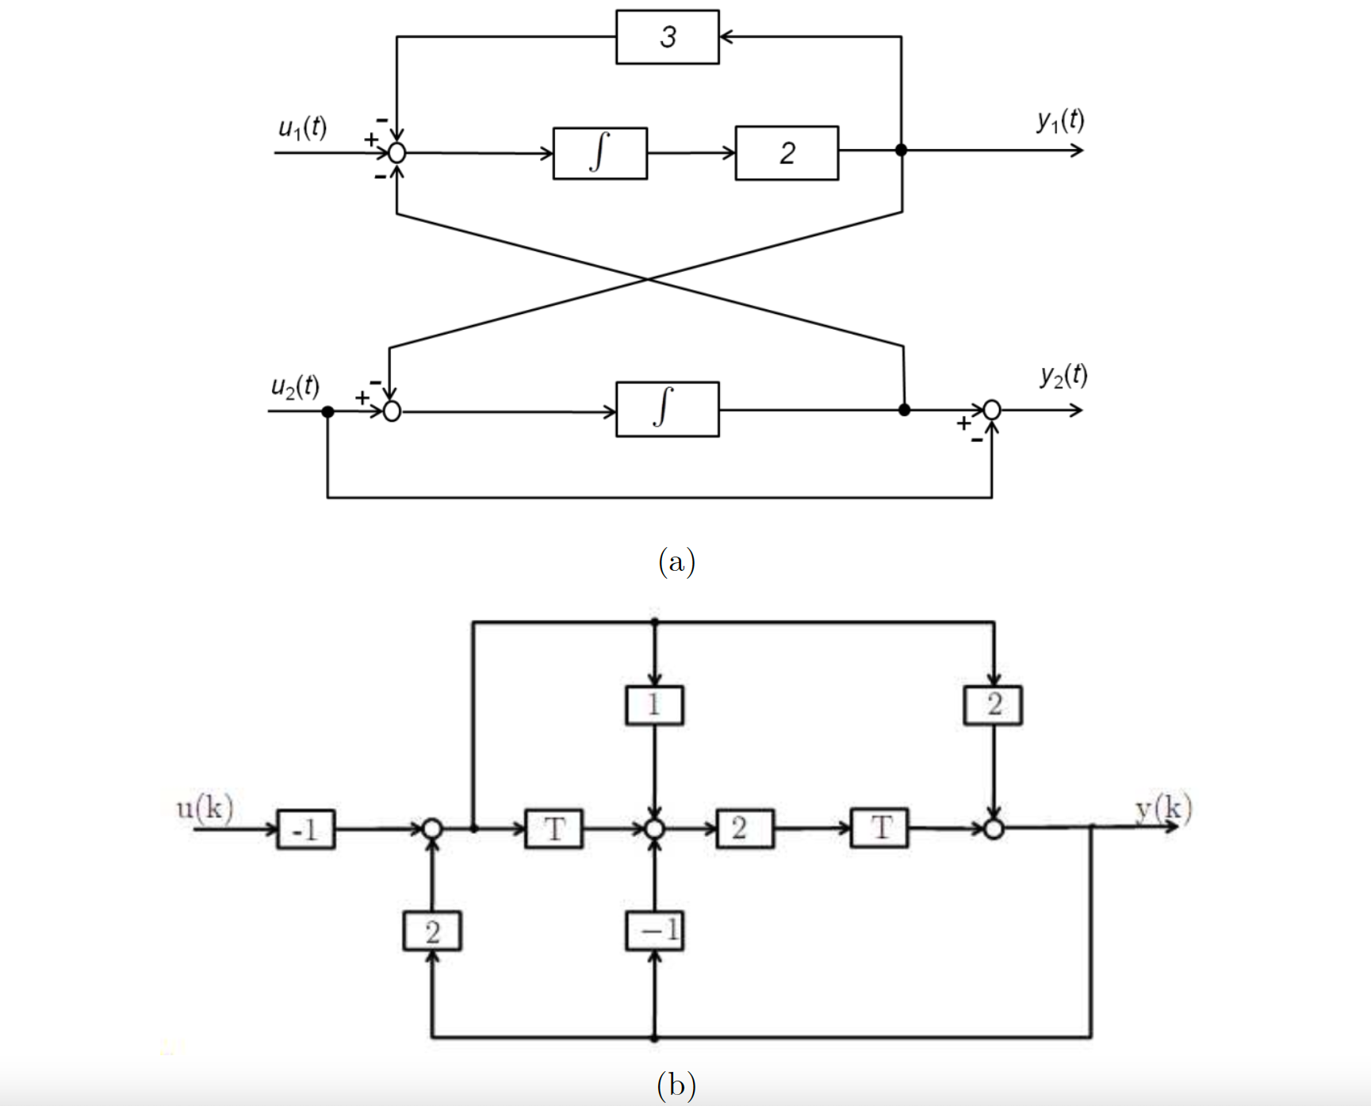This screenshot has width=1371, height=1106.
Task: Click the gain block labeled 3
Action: (x=668, y=37)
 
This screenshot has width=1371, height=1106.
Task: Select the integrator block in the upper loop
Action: (x=599, y=153)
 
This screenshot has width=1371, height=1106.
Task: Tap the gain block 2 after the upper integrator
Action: (x=786, y=153)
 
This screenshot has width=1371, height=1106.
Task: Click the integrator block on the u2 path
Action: (x=667, y=409)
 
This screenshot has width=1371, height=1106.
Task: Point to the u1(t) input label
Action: (x=302, y=128)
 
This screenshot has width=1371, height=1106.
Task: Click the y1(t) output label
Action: (x=1060, y=121)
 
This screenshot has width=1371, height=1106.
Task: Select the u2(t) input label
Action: (x=295, y=386)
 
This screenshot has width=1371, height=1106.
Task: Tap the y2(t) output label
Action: (x=1063, y=375)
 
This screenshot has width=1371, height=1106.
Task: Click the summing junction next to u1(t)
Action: (x=397, y=153)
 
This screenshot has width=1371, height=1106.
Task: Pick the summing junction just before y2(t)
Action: (x=991, y=410)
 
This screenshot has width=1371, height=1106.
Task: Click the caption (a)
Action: (x=676, y=561)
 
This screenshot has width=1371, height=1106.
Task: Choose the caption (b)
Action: (x=676, y=1084)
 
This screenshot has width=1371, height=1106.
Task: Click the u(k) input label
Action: (x=205, y=807)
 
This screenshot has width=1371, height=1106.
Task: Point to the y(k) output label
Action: (x=1163, y=808)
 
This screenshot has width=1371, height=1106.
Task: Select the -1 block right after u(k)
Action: (x=305, y=829)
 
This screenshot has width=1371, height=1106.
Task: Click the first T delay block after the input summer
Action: (x=553, y=829)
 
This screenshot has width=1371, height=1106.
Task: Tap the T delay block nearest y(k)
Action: (x=879, y=829)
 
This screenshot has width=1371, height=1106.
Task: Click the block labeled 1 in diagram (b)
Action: (x=654, y=705)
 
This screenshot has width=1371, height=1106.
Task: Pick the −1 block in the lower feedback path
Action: (x=654, y=931)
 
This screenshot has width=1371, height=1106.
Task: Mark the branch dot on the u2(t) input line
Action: (x=327, y=411)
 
